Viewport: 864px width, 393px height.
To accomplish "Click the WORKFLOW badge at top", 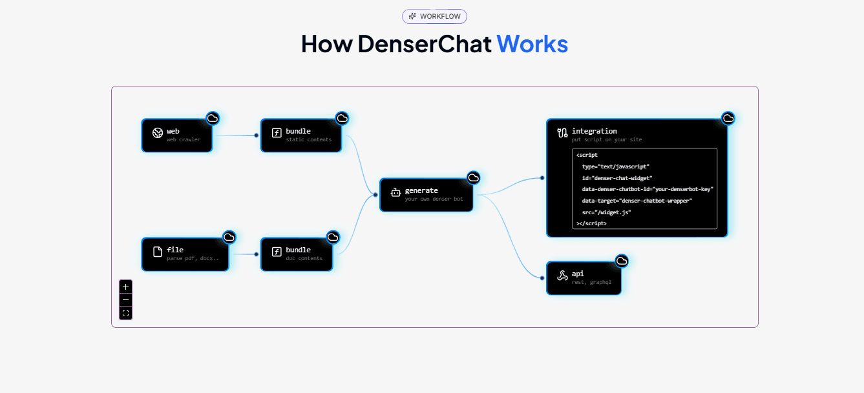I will (434, 16).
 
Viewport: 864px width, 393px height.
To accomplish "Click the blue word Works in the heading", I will (532, 44).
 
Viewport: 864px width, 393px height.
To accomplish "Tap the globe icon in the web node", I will (157, 134).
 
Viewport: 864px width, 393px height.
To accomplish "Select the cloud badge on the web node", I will (213, 118).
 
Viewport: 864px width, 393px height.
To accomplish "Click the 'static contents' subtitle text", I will (308, 140).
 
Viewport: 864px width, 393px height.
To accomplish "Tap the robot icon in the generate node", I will (395, 193).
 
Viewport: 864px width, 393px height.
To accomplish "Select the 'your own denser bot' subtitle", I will (434, 199).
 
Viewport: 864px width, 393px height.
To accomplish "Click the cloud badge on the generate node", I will (474, 177).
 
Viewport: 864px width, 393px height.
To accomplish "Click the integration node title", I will (594, 131).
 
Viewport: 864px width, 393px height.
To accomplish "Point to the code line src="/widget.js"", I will (606, 212).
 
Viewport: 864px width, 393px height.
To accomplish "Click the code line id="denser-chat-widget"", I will (616, 177).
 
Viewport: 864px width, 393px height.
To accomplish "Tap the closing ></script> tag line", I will (591, 223).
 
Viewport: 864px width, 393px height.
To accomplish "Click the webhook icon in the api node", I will (562, 276).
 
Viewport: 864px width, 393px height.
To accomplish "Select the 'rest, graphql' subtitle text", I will (591, 283).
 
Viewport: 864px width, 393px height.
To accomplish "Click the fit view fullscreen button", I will (125, 313).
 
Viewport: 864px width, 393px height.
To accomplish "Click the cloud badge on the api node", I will (622, 261).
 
